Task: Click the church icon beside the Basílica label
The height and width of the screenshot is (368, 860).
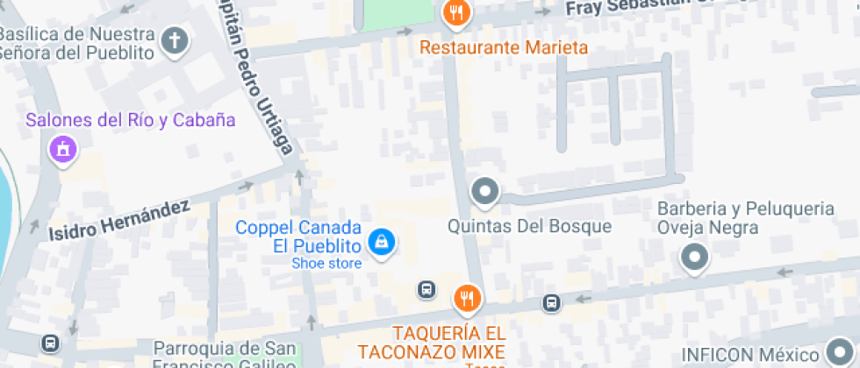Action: coord(175,40)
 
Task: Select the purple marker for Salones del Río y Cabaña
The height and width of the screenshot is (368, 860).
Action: coord(62,149)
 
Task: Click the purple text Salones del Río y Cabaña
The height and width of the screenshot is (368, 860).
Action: coord(131,120)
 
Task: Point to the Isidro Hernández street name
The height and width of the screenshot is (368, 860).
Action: coord(118,219)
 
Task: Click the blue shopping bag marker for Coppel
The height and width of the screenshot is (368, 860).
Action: coord(381,241)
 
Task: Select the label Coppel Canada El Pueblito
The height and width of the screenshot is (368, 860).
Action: coord(298,237)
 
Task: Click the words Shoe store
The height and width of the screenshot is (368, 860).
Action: coord(326,263)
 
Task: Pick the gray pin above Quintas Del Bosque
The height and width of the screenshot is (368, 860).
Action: coord(484,190)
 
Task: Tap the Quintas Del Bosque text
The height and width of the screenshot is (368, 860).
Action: coord(529,226)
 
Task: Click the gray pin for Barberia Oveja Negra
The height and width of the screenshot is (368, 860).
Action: coord(695,257)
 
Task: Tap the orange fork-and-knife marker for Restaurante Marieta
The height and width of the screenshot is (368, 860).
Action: coord(456,12)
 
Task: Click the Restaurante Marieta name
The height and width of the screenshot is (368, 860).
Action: coord(503,46)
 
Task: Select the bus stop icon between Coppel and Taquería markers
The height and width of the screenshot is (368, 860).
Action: coord(426,289)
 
